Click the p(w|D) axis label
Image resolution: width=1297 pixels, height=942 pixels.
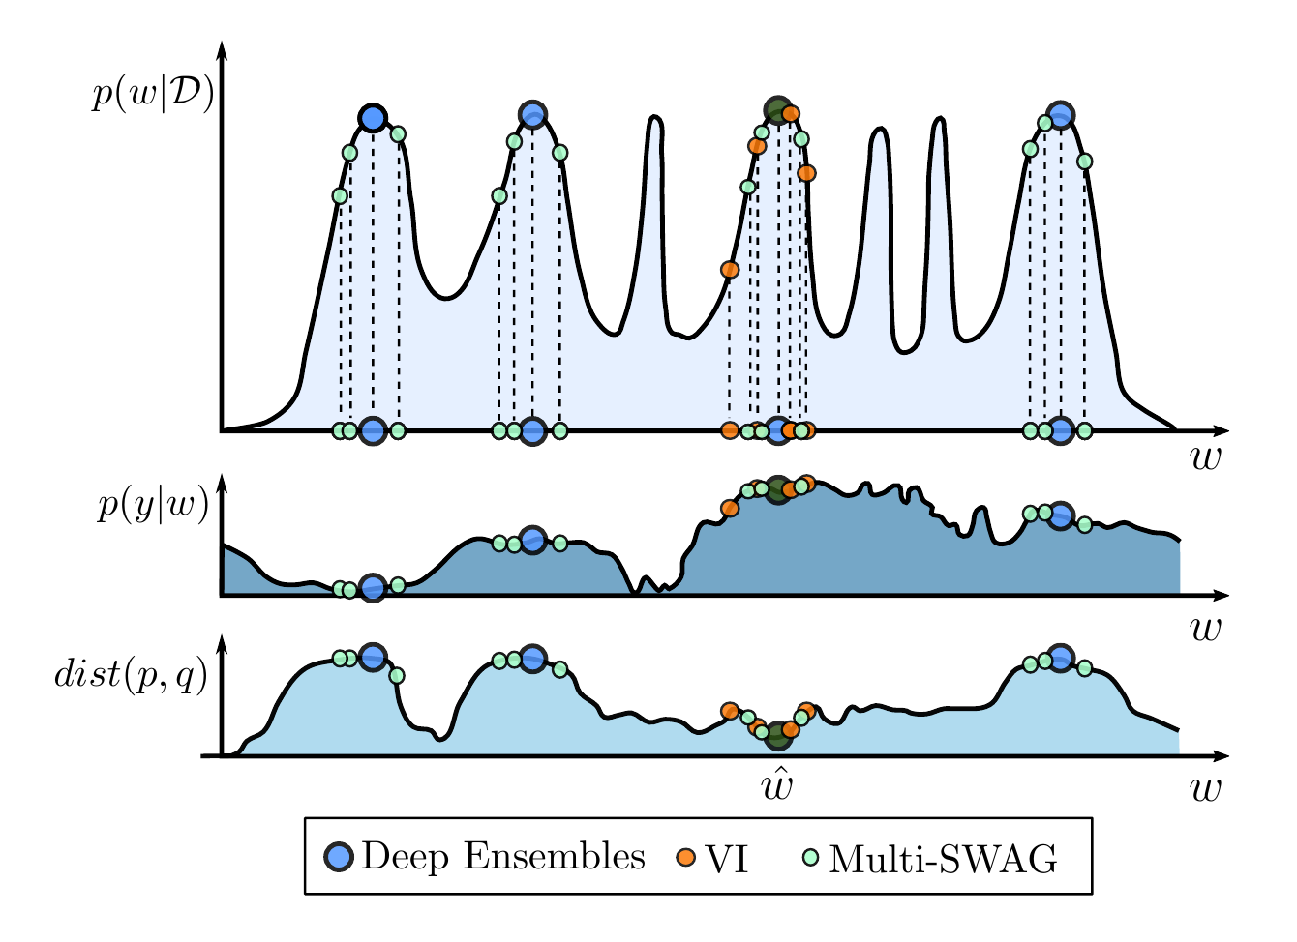[153, 97]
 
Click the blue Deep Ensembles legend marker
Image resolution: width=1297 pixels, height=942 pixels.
[339, 857]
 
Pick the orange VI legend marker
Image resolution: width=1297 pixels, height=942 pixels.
[686, 857]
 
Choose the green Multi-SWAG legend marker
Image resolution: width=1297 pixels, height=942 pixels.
[811, 857]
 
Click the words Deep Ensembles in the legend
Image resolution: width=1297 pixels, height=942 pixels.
[502, 857]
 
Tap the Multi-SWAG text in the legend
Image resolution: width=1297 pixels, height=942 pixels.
[943, 858]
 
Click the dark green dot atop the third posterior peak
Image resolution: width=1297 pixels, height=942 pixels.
[777, 110]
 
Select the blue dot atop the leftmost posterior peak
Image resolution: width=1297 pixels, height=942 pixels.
[373, 118]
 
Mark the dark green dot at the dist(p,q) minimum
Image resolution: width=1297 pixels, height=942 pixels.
[778, 737]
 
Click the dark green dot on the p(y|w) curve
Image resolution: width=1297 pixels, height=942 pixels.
[777, 489]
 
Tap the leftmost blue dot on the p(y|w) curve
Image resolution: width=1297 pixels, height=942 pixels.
[373, 587]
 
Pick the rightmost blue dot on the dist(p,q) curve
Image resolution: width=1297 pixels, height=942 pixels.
[1061, 658]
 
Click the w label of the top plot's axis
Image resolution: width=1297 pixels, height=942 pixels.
[1206, 458]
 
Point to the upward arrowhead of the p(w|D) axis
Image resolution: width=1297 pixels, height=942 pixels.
[223, 50]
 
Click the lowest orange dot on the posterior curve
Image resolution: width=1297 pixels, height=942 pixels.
[730, 269]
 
